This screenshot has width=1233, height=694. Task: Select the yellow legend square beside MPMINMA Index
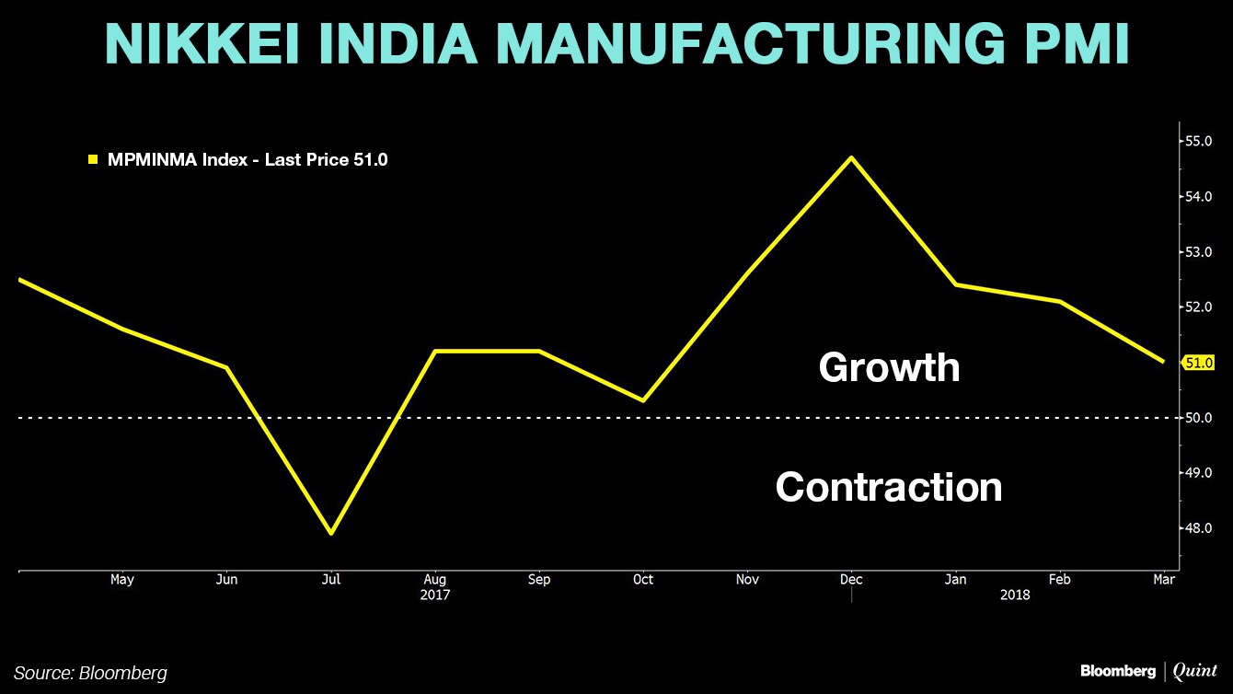(x=92, y=160)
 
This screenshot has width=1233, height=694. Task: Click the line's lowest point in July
(x=330, y=533)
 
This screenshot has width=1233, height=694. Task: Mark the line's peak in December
(x=851, y=157)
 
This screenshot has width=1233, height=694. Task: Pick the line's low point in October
(x=643, y=400)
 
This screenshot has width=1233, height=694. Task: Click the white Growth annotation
(x=889, y=367)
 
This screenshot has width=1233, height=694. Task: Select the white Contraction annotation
(x=889, y=486)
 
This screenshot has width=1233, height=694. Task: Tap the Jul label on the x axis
(x=330, y=580)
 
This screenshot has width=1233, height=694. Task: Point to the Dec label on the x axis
(x=851, y=580)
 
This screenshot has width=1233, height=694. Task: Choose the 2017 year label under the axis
(x=434, y=596)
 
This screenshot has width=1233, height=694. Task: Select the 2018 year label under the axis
(x=1015, y=596)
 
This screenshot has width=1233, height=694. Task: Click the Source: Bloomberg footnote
(x=90, y=673)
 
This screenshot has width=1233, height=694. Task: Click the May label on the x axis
(x=121, y=580)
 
